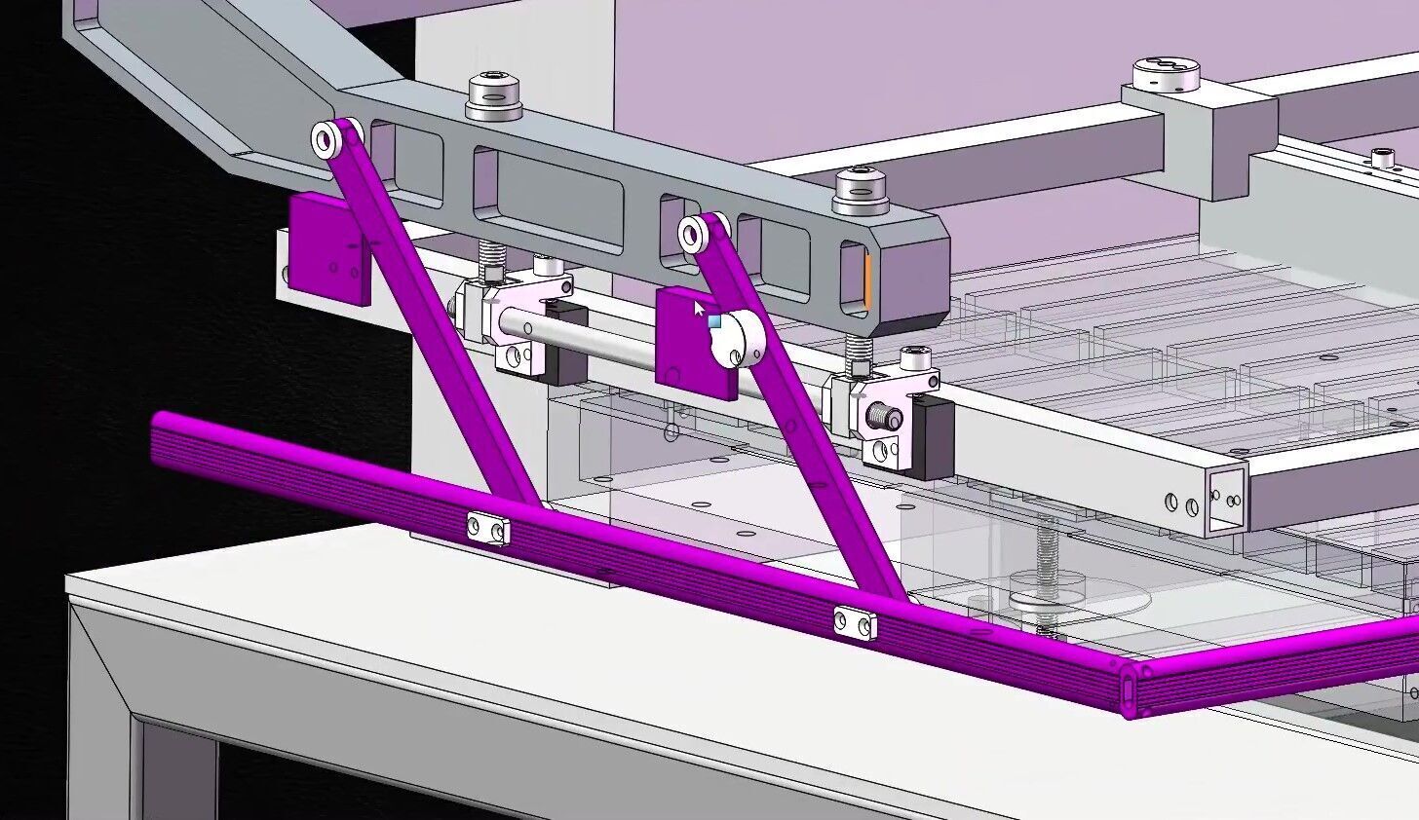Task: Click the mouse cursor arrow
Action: coord(698,309)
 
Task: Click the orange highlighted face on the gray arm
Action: coord(865,280)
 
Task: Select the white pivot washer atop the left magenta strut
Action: coord(326,139)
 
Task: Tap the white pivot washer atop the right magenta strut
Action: coord(694,235)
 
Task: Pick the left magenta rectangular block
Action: coord(328,247)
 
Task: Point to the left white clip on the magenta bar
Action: coord(487,529)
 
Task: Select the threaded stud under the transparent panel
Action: coord(1046,571)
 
